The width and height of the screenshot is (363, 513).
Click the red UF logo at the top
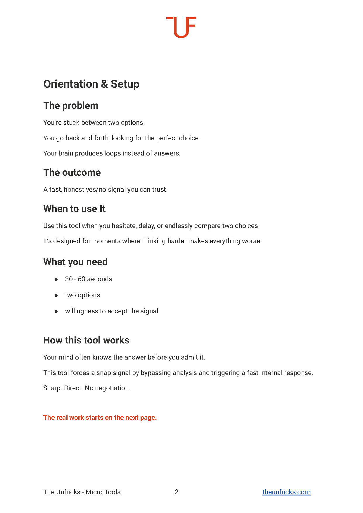[x=181, y=27]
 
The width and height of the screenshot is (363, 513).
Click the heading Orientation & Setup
[x=91, y=84]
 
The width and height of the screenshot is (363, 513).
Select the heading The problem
[x=71, y=106]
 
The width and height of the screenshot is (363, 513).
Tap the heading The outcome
[x=72, y=172]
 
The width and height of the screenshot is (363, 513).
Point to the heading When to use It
[x=74, y=209]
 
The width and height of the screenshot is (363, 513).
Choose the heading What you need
[x=75, y=262]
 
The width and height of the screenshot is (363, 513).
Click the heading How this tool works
[x=86, y=340]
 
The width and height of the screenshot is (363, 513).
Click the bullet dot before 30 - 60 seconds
[x=56, y=279]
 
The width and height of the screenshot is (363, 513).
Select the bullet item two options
[x=82, y=295]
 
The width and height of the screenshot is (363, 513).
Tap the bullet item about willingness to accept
[x=111, y=311]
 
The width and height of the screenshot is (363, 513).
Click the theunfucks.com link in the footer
[x=286, y=492]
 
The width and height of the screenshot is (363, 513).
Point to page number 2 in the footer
[x=177, y=492]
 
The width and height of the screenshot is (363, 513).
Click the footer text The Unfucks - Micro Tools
[x=82, y=492]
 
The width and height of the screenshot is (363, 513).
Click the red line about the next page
[x=100, y=417]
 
